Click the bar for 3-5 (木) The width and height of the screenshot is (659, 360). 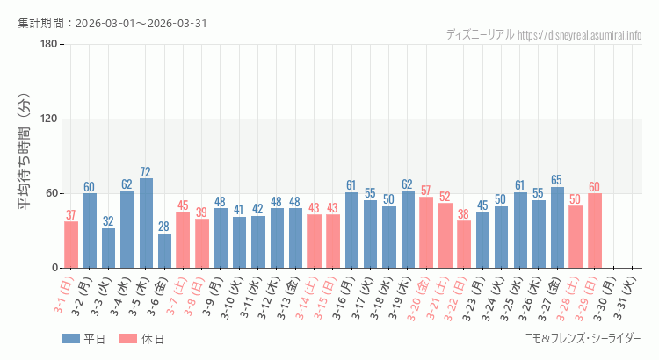pos(146,223)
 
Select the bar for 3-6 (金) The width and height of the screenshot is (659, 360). pos(164,250)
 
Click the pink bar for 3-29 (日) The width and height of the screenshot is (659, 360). pos(595,230)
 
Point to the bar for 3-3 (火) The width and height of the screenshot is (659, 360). pos(108,248)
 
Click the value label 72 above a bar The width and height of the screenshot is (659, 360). pos(146,172)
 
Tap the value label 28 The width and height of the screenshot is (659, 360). pos(164,227)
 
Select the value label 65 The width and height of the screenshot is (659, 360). pos(557,181)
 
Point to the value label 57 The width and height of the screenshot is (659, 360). pos(426,191)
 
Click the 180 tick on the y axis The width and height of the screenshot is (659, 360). pos(49,45)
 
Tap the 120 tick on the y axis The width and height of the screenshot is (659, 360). pos(49,119)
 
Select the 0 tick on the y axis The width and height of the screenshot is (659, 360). pos(54,268)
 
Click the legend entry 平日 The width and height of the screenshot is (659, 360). pos(83,339)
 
